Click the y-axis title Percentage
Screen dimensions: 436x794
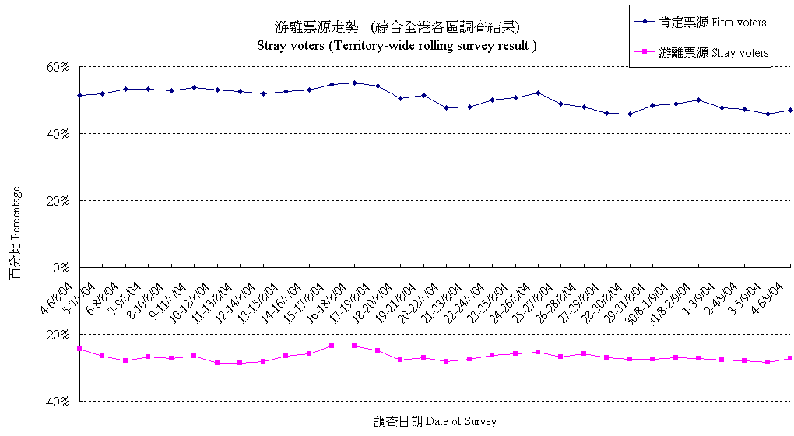click(16, 234)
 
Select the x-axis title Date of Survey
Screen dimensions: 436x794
click(435, 421)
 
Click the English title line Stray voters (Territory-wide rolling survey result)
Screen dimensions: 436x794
click(397, 45)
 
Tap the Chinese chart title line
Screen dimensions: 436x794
click(397, 27)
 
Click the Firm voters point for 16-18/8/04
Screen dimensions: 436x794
click(354, 83)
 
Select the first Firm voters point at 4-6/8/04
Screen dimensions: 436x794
click(79, 95)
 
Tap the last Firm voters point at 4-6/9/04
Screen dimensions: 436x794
click(790, 110)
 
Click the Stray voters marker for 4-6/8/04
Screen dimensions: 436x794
click(79, 349)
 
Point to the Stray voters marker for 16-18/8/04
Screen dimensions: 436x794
click(354, 346)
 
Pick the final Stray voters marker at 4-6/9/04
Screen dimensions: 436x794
click(790, 358)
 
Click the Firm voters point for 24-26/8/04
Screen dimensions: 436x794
click(538, 93)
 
